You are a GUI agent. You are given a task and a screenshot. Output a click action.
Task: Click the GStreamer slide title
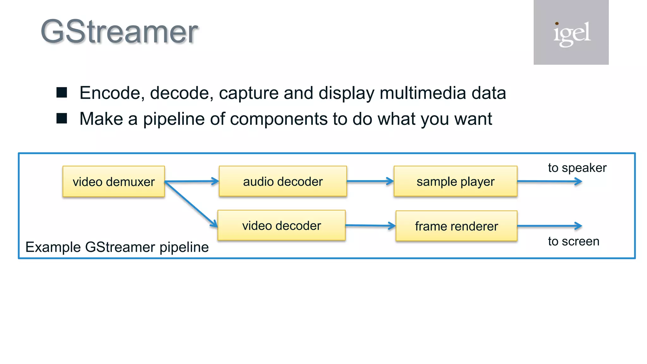119,32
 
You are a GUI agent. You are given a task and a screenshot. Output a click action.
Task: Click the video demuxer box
114,182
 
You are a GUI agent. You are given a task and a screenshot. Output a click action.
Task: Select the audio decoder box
283,181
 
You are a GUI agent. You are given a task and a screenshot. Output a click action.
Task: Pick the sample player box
455,181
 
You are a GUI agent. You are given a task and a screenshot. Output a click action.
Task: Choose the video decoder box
281,226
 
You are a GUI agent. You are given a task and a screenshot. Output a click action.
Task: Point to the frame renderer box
456,226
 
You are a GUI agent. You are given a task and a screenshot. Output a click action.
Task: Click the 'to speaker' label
577,168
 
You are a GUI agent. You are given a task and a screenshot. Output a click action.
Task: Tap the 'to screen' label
573,241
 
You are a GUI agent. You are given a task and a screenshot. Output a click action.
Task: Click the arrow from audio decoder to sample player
370,181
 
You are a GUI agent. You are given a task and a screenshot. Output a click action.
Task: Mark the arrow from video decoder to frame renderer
370,226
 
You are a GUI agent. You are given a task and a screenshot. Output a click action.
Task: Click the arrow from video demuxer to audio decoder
191,181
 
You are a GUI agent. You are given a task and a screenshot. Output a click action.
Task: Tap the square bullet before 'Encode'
62,93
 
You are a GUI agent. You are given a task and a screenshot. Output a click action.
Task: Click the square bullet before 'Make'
62,118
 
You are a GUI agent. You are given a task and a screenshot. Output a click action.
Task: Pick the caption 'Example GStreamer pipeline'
117,247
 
